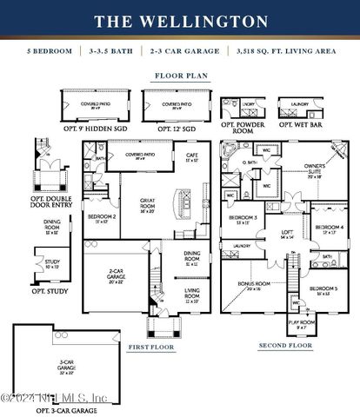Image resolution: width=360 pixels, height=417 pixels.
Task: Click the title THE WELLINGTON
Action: pyautogui.click(x=180, y=20)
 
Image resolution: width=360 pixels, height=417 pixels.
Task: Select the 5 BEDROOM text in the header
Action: pyautogui.click(x=51, y=52)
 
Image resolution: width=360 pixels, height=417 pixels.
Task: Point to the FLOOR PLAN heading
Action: pyautogui.click(x=179, y=76)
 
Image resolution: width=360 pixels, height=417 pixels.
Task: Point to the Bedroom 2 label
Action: pyautogui.click(x=103, y=217)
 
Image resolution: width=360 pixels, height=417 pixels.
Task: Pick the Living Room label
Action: pyautogui.click(x=191, y=298)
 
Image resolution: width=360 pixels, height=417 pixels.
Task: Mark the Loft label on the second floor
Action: pyautogui.click(x=286, y=233)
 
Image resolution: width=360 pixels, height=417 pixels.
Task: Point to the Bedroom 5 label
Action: pyautogui.click(x=323, y=288)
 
